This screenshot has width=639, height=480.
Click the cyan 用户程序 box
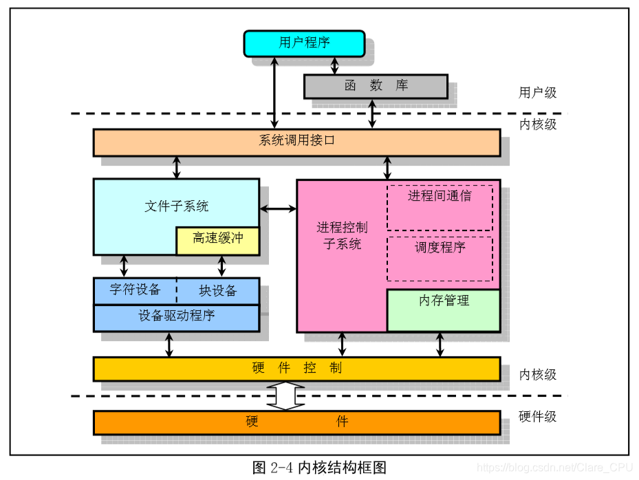coord(304,43)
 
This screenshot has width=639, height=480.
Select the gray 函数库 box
coord(376,86)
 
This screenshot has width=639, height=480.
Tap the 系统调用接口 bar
coord(296,142)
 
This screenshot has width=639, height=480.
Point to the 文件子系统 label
coord(177,206)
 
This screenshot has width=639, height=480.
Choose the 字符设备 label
coord(136,290)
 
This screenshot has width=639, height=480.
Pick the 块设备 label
coord(218,290)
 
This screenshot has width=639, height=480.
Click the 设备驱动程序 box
coord(176,316)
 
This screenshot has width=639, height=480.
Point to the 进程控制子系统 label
coord(342,235)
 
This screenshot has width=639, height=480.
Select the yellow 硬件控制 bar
coord(296,368)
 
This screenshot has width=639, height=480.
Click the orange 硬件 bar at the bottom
coord(296,422)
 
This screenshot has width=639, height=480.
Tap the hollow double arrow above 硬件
coord(285,396)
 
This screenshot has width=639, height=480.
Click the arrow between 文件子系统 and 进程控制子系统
coord(278,208)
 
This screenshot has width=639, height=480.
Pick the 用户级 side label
coord(537,92)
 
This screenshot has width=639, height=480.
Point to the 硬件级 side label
coord(537,416)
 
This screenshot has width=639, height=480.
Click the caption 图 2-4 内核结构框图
coord(320,468)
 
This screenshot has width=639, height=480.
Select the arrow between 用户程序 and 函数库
coord(335,65)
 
